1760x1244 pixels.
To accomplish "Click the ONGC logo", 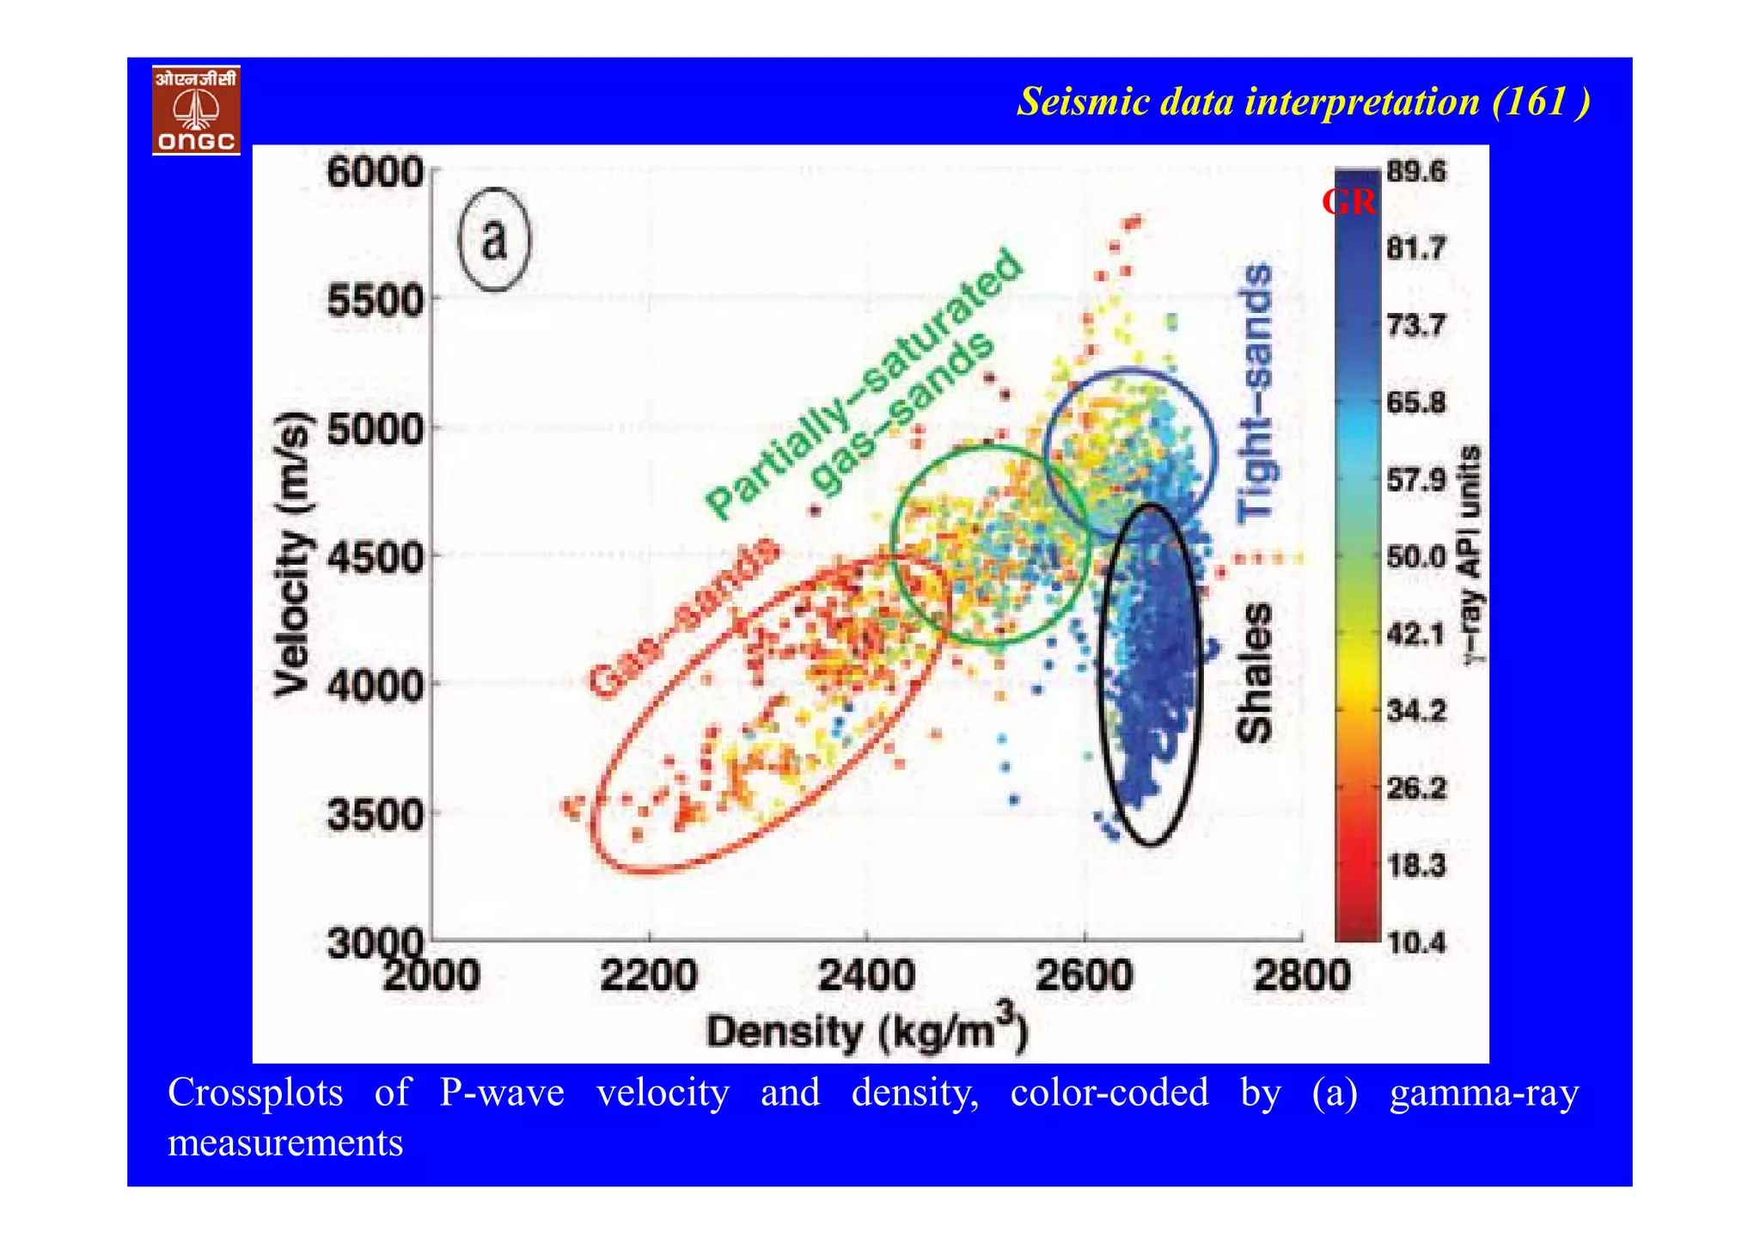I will pos(196,110).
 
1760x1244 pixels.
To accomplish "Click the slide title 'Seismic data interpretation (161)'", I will pos(1302,102).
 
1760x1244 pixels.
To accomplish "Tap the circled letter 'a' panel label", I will pos(494,239).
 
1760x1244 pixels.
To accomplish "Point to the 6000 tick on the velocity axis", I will pos(376,172).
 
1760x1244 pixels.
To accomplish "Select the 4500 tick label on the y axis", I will pos(376,557).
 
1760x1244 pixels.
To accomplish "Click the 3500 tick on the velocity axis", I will pos(376,814).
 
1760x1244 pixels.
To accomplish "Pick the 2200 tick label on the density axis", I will pos(649,976).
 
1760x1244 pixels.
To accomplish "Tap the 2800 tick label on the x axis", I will pos(1302,976).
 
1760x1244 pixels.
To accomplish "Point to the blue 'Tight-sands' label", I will pos(1256,393).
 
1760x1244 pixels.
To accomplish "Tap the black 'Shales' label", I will pos(1254,672).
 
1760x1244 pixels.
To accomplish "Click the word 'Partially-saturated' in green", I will pos(862,384).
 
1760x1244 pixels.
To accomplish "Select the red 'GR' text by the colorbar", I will pos(1347,202).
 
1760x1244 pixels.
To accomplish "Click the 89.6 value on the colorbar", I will pos(1416,171).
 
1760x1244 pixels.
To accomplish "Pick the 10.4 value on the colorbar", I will pos(1416,942).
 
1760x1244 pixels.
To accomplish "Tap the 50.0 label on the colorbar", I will pos(1416,557).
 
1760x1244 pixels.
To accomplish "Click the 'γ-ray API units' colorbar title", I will pos(1472,555).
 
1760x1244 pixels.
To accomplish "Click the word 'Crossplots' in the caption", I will pos(255,1093).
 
